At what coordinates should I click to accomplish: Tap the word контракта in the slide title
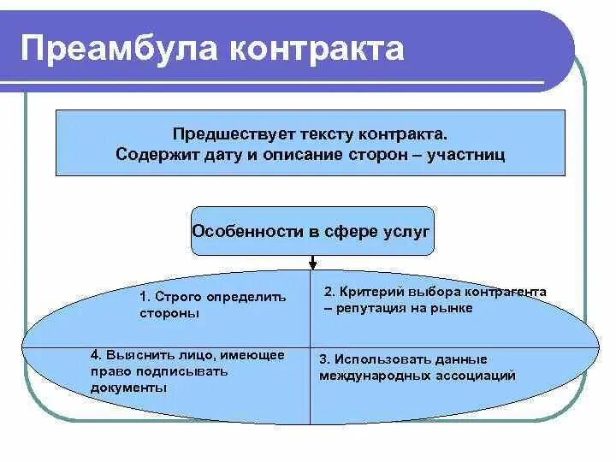tap(316, 48)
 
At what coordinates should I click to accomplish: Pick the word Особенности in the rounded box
tap(241, 231)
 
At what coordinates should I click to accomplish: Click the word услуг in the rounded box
tap(408, 231)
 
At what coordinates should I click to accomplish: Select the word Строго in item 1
tap(176, 298)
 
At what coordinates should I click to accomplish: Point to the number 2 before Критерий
tap(329, 293)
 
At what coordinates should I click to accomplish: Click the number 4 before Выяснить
tap(95, 355)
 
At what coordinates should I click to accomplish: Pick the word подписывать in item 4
tap(177, 371)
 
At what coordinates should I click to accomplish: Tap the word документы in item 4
tap(128, 388)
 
